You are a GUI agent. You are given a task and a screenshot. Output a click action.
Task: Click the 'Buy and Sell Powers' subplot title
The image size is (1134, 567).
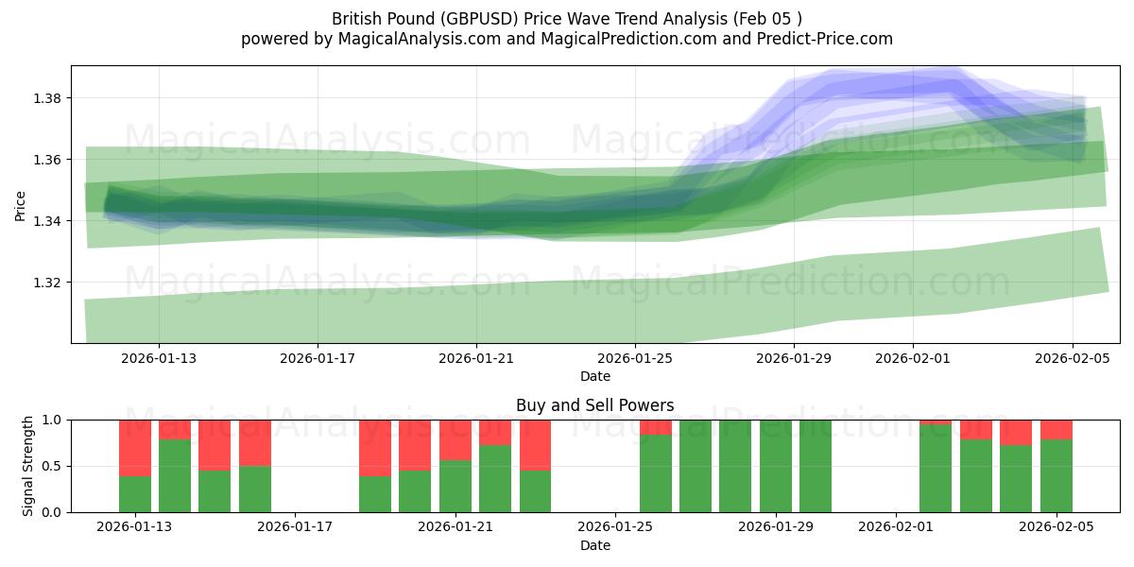(x=594, y=405)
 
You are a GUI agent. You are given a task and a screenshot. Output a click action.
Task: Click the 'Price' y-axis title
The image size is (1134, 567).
(x=21, y=204)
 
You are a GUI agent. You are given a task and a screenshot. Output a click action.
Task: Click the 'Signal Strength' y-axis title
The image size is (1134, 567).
(x=28, y=466)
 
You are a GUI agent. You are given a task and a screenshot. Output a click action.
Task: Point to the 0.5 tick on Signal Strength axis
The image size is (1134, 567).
(x=52, y=466)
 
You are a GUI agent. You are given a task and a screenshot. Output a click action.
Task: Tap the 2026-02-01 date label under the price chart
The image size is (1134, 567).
(x=912, y=358)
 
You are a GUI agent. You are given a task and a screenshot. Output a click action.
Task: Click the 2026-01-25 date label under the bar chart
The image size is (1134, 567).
(x=615, y=526)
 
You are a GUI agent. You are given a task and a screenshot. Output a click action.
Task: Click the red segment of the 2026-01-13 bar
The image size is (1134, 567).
(x=135, y=447)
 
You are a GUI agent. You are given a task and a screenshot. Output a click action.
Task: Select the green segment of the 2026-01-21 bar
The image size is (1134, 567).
(x=455, y=486)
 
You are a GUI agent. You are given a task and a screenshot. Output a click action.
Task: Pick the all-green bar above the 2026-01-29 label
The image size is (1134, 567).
(x=776, y=466)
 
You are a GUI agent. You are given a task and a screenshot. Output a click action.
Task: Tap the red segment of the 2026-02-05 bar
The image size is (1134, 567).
(x=1056, y=429)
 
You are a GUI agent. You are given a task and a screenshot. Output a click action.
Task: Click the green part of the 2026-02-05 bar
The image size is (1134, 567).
(x=1056, y=476)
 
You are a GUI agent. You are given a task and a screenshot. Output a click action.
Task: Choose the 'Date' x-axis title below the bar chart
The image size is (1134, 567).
(x=594, y=545)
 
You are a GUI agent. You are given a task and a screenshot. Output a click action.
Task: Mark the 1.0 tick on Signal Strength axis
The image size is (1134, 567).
(x=52, y=420)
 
